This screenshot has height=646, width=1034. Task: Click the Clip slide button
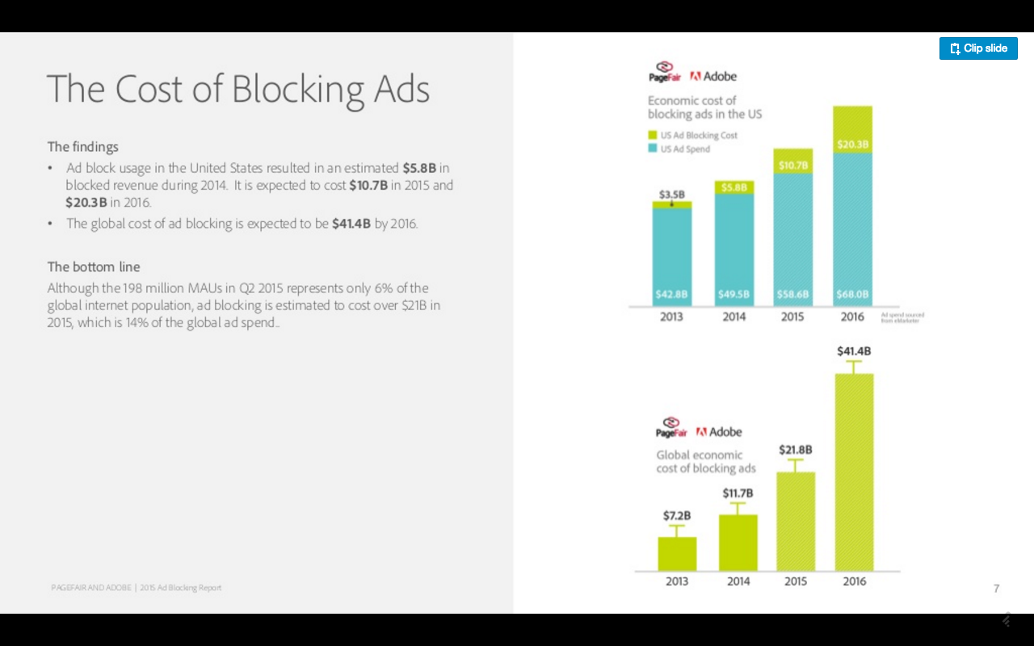coord(978,48)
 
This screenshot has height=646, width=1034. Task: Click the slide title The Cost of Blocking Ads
coord(238,89)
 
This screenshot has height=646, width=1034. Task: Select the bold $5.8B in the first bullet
coord(419,168)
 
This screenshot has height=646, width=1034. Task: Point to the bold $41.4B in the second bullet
coord(351,224)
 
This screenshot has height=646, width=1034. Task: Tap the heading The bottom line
coord(94,267)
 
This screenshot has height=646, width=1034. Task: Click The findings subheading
coord(83,147)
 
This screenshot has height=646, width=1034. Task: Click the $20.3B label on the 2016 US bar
coord(853,145)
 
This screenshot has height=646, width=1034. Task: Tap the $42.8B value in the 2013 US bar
coord(671,294)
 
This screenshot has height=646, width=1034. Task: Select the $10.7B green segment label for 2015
coord(793,166)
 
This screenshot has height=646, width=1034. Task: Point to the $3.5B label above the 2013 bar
coord(671,195)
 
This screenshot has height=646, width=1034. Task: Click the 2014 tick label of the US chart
coord(733,317)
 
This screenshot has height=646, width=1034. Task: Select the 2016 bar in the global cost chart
coord(854,472)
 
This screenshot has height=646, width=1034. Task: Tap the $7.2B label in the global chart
coord(677,515)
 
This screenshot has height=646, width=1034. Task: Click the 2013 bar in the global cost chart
coord(677,554)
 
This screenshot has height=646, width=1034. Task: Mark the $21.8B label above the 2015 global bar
coord(795,449)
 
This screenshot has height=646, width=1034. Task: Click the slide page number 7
coord(997,588)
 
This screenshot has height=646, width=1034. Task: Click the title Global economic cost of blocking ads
coord(705,461)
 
